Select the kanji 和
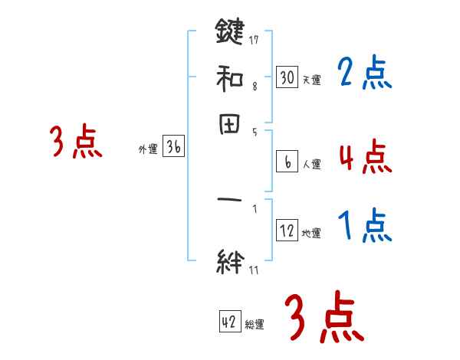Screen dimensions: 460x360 tap(229, 77)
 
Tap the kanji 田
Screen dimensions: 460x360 tap(229, 124)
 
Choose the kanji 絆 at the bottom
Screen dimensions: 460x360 tap(229, 260)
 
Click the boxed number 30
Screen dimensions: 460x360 tap(287, 77)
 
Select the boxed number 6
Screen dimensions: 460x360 tap(287, 162)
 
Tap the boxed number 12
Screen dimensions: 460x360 tap(287, 231)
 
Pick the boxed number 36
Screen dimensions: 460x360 tap(173, 148)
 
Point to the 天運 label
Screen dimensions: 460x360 tap(312, 80)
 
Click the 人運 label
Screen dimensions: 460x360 tap(312, 164)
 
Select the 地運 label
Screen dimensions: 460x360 tap(312, 234)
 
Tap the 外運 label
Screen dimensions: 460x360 tap(148, 150)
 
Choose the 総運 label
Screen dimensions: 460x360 tap(255, 325)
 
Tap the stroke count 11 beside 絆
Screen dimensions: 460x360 tap(255, 268)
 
